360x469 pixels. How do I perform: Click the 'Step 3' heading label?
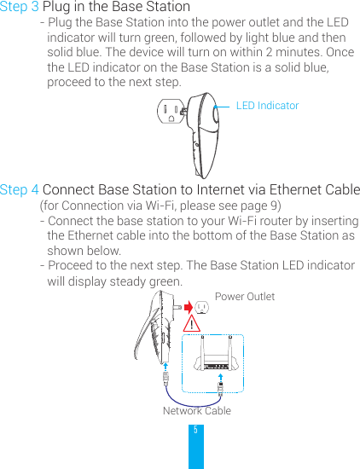pyautogui.click(x=20, y=8)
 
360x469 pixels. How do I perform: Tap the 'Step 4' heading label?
pyautogui.click(x=20, y=189)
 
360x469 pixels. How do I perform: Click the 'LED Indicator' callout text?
pyautogui.click(x=267, y=106)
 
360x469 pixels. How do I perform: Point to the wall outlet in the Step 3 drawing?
pyautogui.click(x=172, y=113)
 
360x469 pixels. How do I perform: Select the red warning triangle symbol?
pyautogui.click(x=195, y=324)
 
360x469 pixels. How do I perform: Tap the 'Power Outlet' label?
pyautogui.click(x=245, y=297)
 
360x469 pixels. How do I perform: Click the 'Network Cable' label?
pyautogui.click(x=196, y=411)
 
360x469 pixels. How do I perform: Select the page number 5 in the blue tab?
pyautogui.click(x=195, y=431)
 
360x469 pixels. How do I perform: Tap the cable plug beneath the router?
pyautogui.click(x=220, y=386)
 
